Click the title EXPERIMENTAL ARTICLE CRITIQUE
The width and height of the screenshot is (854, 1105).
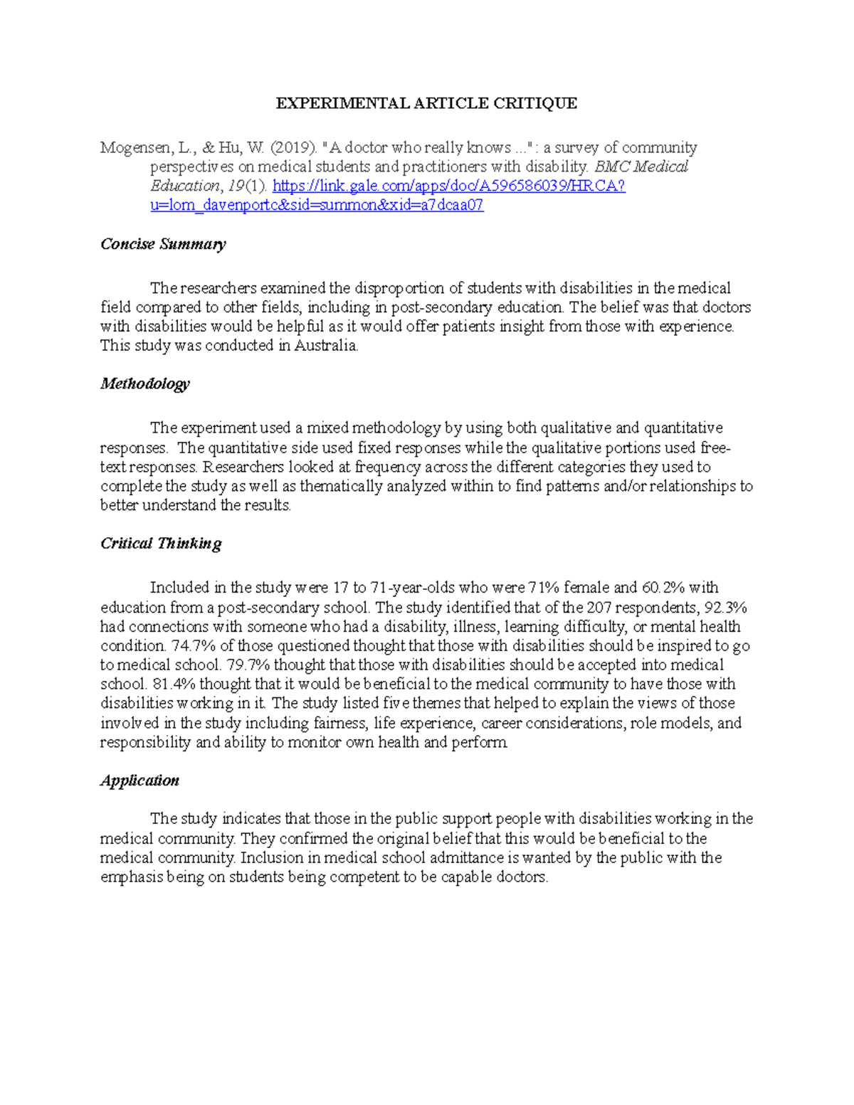click(x=426, y=103)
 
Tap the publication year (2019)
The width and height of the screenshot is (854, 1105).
click(x=293, y=148)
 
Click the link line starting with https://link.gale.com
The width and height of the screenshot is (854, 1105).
click(x=448, y=186)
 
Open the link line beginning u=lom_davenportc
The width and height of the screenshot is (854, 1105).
click(x=317, y=206)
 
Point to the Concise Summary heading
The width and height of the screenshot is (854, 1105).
click(x=163, y=244)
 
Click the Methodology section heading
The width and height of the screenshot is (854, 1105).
click(x=145, y=384)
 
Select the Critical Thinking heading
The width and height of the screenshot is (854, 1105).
click(x=161, y=544)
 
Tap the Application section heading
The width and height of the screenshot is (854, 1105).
click(x=139, y=781)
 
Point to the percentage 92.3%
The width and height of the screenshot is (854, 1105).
click(x=725, y=608)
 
